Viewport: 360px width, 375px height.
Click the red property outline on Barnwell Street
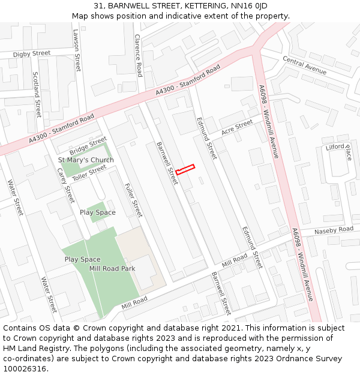point(185,169)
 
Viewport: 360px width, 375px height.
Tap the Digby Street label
point(32,54)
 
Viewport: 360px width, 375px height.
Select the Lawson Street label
point(77,50)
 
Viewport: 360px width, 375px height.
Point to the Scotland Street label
point(37,94)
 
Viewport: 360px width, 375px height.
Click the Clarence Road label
point(138,55)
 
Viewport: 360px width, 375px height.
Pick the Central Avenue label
point(304,65)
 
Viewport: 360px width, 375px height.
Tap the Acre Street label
point(237,127)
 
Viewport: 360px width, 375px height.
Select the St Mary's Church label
point(86,160)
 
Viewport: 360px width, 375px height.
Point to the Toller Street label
point(89,172)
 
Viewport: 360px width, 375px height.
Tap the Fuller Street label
point(133,200)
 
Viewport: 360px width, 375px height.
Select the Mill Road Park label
point(112,268)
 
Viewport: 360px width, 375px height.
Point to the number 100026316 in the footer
point(24,369)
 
